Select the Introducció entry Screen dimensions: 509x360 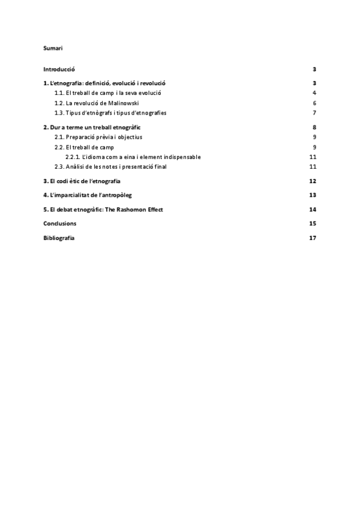[59, 70]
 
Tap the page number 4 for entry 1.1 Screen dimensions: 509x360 [314, 93]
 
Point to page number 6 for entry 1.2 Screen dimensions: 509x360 [314, 103]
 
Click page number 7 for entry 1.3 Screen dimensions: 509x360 [314, 113]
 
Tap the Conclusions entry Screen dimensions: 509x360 [59, 223]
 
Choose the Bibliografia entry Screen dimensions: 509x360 [59, 238]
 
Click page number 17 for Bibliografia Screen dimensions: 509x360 [313, 238]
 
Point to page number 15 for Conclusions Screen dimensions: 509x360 [313, 223]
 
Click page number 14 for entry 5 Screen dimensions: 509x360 [313, 209]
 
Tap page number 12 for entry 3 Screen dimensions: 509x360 [313, 181]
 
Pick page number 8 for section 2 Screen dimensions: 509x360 [314, 127]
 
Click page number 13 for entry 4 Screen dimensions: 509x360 [313, 195]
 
